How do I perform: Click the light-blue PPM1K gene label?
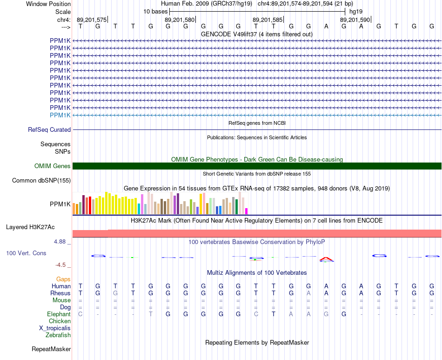pyautogui.click(x=60, y=115)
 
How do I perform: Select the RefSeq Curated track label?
pyautogui.click(x=49, y=130)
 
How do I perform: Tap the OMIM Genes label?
pyautogui.click(x=53, y=166)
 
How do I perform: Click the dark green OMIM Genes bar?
pyautogui.click(x=257, y=166)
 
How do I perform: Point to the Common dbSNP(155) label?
pyautogui.click(x=41, y=181)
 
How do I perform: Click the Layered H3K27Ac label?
pyautogui.click(x=30, y=227)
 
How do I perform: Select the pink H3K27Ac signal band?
pyautogui.click(x=257, y=233)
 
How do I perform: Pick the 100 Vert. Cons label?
pyautogui.click(x=26, y=253)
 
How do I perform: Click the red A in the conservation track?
pyautogui.click(x=326, y=259)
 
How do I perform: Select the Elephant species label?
pyautogui.click(x=59, y=314)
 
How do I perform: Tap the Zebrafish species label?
pyautogui.click(x=58, y=335)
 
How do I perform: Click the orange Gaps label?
pyautogui.click(x=63, y=279)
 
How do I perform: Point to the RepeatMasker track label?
pyautogui.click(x=51, y=349)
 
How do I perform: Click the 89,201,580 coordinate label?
pyautogui.click(x=180, y=20)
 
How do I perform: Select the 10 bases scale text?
pyautogui.click(x=155, y=12)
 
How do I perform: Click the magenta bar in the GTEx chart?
pyautogui.click(x=247, y=211)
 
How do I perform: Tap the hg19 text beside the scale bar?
pyautogui.click(x=356, y=12)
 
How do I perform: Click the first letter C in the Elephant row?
pyautogui.click(x=80, y=314)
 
